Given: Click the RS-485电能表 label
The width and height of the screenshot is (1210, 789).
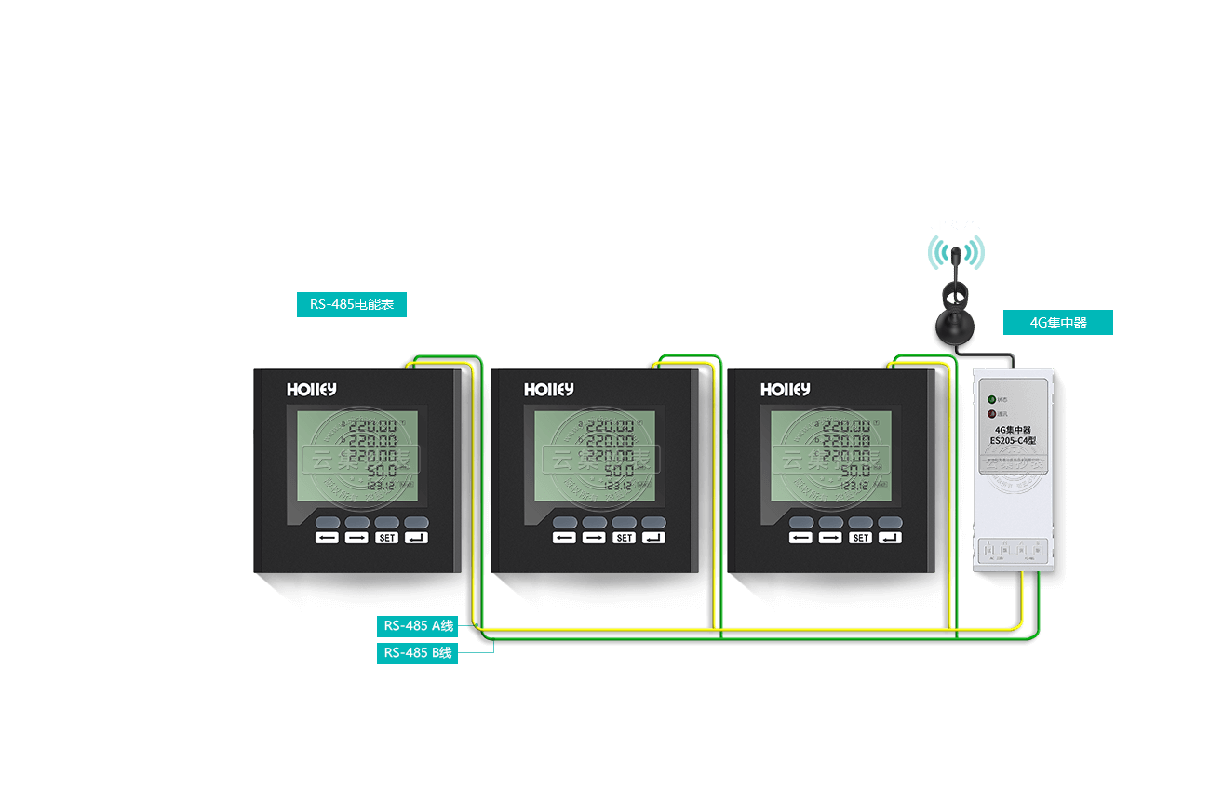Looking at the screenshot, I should click(x=352, y=304).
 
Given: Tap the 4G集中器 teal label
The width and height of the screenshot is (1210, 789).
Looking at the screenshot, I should click(x=1057, y=323).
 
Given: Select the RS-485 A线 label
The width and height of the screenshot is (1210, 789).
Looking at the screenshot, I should click(x=418, y=625).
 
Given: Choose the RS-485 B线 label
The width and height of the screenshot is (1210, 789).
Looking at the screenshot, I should click(x=418, y=652).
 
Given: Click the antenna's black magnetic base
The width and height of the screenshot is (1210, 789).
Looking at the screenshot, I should click(x=955, y=326).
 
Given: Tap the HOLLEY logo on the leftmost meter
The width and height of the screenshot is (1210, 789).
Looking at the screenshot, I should click(x=312, y=390).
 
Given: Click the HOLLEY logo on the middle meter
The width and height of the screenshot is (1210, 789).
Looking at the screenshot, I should click(x=548, y=390).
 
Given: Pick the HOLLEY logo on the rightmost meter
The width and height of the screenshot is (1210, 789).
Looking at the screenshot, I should click(x=785, y=390).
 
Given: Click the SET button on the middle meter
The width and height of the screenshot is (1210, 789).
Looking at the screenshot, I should click(x=624, y=538).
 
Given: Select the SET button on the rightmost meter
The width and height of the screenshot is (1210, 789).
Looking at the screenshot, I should click(x=860, y=538).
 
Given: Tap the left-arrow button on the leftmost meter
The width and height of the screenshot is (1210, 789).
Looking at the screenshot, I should click(x=327, y=538).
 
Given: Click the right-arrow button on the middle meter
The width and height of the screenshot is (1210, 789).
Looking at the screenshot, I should click(x=594, y=538).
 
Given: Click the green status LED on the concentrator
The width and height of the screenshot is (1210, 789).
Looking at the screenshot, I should click(x=992, y=400).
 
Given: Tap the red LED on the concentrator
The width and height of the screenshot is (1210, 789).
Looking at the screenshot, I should click(x=992, y=413).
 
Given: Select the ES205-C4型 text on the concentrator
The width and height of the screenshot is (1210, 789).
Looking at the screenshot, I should click(x=1013, y=439).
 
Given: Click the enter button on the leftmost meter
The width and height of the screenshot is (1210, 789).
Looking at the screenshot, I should click(x=417, y=538).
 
